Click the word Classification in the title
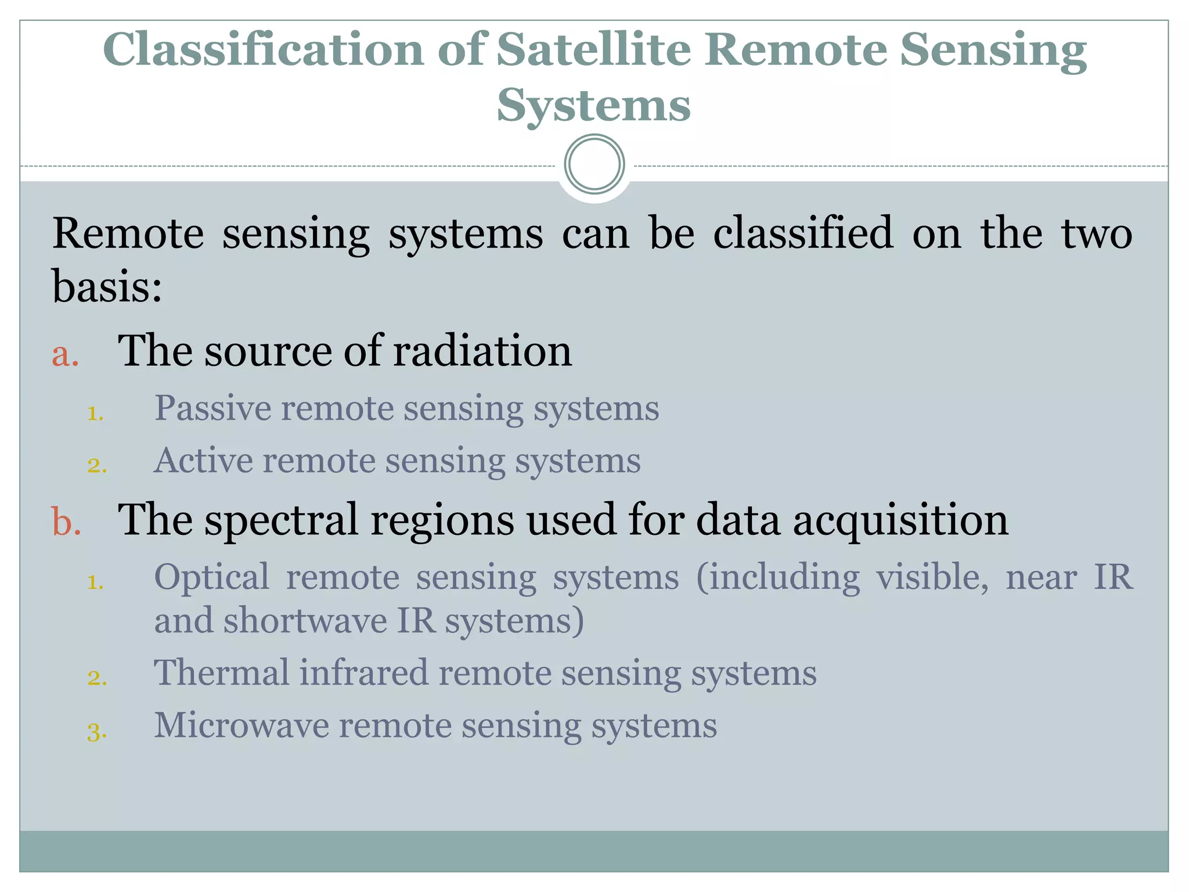[x=264, y=51]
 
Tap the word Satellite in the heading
[x=593, y=50]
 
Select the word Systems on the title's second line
[x=593, y=107]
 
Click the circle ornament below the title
[x=594, y=164]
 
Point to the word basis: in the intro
[x=107, y=286]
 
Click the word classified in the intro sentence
[x=803, y=233]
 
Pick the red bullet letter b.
[x=66, y=521]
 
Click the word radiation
[x=482, y=351]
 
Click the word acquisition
[x=900, y=521]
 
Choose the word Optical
[x=211, y=578]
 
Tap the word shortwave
[x=305, y=621]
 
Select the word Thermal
[x=221, y=673]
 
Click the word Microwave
[x=241, y=725]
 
